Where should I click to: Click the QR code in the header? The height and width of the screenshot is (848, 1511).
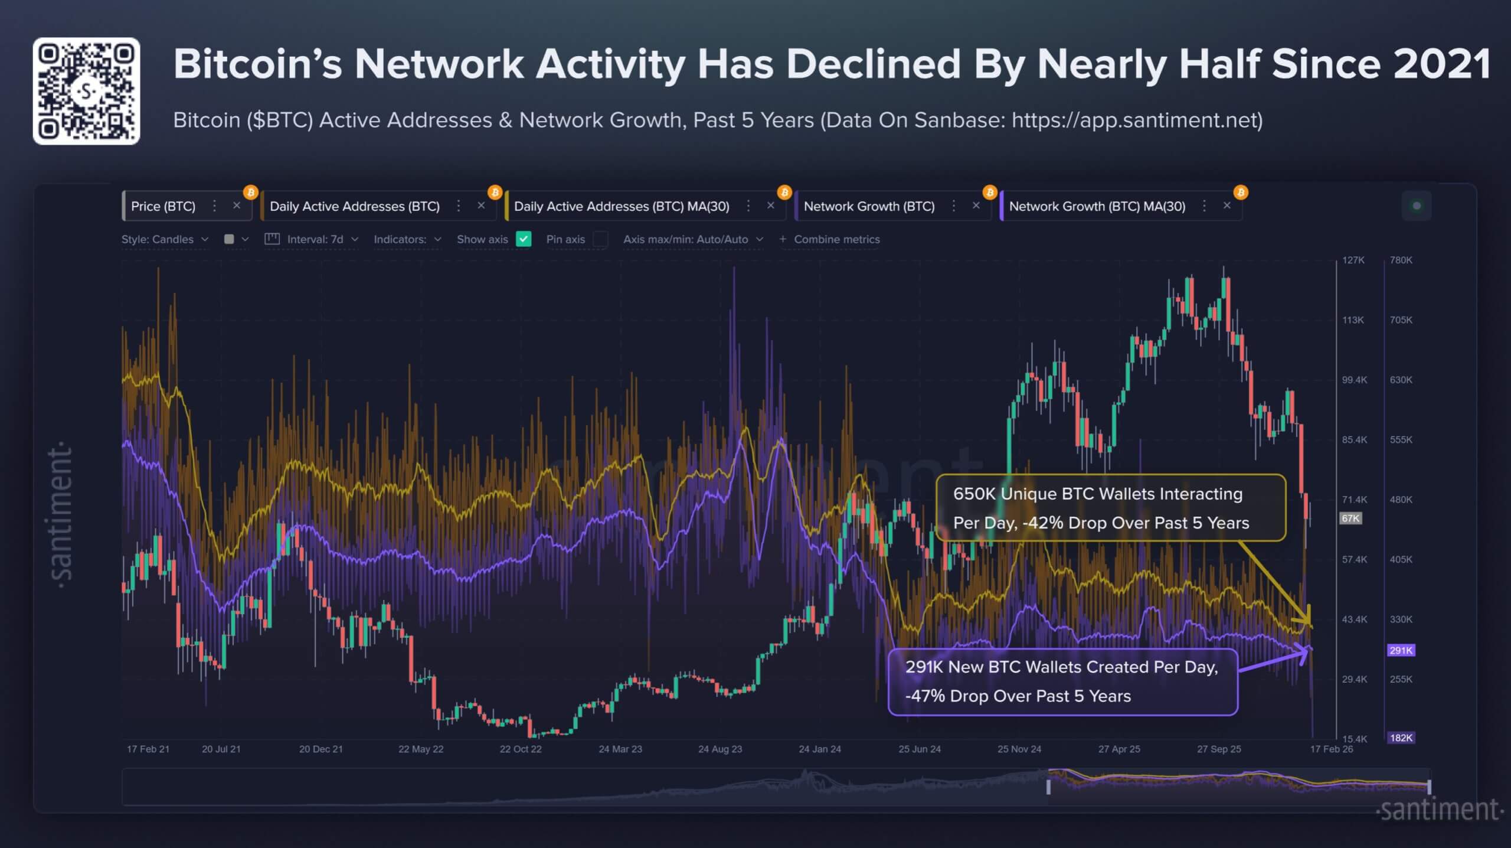(x=86, y=91)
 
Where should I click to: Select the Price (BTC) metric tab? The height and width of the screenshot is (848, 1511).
(x=163, y=206)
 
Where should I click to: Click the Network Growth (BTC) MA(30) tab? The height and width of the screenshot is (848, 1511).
(x=1097, y=206)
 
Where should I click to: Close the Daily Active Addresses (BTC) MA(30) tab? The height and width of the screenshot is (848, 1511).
(x=770, y=206)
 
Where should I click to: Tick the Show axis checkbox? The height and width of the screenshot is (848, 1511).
(x=524, y=239)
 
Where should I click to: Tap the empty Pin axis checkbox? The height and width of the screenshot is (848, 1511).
(x=600, y=239)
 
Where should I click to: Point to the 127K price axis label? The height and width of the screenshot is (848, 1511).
(x=1353, y=260)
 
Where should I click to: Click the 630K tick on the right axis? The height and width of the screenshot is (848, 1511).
(x=1401, y=380)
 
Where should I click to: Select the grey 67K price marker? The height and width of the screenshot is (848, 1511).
(x=1350, y=518)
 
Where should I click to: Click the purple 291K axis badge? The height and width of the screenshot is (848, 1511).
(x=1401, y=650)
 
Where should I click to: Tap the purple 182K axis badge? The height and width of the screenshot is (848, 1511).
(x=1401, y=738)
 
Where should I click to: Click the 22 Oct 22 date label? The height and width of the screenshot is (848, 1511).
(x=520, y=749)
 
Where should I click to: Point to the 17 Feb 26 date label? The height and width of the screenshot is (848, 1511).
(x=1331, y=749)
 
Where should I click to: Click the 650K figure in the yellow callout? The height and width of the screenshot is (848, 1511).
(x=974, y=494)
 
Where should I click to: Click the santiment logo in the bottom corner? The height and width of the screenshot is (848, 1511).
(x=1439, y=810)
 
